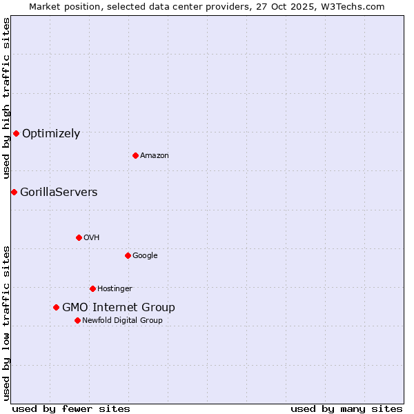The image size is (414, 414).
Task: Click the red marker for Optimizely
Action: click(x=16, y=133)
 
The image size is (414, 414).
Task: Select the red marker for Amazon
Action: click(x=135, y=155)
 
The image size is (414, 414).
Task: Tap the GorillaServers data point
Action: click(x=14, y=192)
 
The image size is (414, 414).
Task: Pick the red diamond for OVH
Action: click(x=79, y=237)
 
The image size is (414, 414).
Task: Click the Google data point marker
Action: click(x=128, y=255)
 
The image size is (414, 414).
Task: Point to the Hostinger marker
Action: click(x=92, y=288)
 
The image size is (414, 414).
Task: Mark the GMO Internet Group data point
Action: click(x=56, y=307)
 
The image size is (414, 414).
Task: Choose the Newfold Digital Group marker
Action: click(x=77, y=320)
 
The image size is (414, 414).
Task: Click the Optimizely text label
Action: click(x=51, y=134)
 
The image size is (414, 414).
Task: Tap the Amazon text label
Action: click(x=155, y=156)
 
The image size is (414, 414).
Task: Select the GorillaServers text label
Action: click(x=59, y=193)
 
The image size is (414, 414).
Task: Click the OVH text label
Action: click(x=92, y=238)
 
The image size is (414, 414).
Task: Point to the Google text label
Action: click(x=145, y=256)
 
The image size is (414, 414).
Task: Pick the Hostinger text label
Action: click(x=115, y=289)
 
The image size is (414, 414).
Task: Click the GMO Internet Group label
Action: click(x=119, y=308)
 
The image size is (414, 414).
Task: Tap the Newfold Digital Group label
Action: click(x=122, y=321)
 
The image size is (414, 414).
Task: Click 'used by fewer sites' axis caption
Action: click(x=71, y=408)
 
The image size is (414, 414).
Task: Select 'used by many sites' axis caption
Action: click(x=346, y=408)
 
